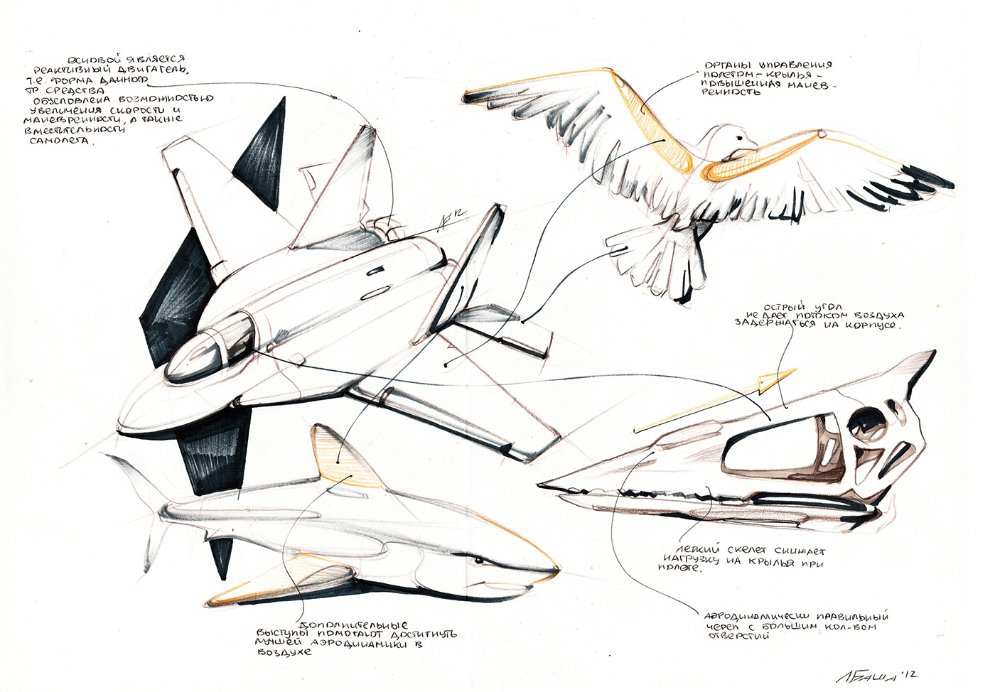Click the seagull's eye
point(740,138)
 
